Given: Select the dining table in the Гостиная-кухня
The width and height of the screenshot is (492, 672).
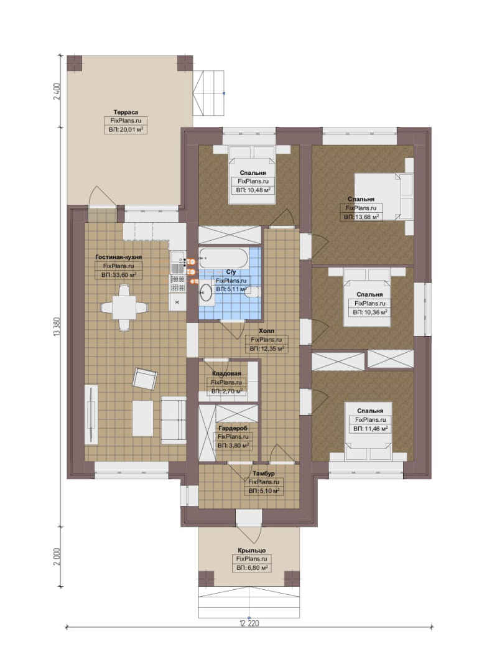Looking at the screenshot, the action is [x=124, y=307].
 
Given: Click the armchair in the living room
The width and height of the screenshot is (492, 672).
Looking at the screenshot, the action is [x=145, y=378].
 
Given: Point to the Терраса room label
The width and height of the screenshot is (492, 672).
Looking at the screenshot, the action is [x=126, y=112].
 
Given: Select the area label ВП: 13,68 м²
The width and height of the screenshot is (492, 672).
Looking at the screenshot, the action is [x=361, y=217].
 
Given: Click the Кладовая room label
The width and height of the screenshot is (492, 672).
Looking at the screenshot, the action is [x=226, y=374].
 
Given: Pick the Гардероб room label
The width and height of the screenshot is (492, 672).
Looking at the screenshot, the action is [x=233, y=428].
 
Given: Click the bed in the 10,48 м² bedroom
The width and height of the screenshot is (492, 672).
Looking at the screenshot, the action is [x=252, y=175].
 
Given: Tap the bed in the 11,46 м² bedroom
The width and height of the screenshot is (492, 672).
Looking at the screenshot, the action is [x=369, y=426].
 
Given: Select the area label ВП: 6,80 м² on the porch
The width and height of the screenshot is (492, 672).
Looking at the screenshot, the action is [x=252, y=567].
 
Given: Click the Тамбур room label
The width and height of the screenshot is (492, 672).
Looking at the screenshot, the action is [x=264, y=474].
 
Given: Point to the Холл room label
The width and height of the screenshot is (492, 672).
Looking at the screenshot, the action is [x=267, y=331].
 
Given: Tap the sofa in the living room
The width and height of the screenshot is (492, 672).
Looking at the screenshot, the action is [x=174, y=419].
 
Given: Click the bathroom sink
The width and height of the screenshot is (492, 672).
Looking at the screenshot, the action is [x=206, y=292].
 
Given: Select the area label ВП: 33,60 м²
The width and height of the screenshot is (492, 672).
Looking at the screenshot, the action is [x=119, y=275].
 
